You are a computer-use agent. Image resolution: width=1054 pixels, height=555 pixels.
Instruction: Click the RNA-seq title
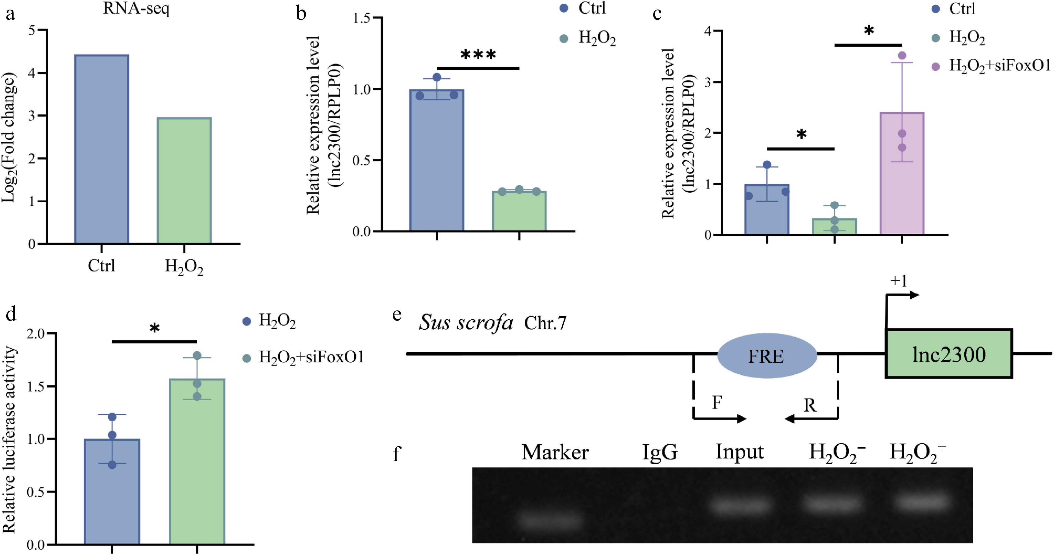tap(136, 8)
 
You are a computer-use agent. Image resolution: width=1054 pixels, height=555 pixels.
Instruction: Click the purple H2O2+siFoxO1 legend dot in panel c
tap(935, 67)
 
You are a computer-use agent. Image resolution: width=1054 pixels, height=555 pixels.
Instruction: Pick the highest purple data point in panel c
tap(902, 55)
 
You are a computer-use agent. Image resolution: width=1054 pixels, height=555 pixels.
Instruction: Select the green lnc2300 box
tap(948, 353)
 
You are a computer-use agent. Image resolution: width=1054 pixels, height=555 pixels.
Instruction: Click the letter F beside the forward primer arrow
tap(717, 402)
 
